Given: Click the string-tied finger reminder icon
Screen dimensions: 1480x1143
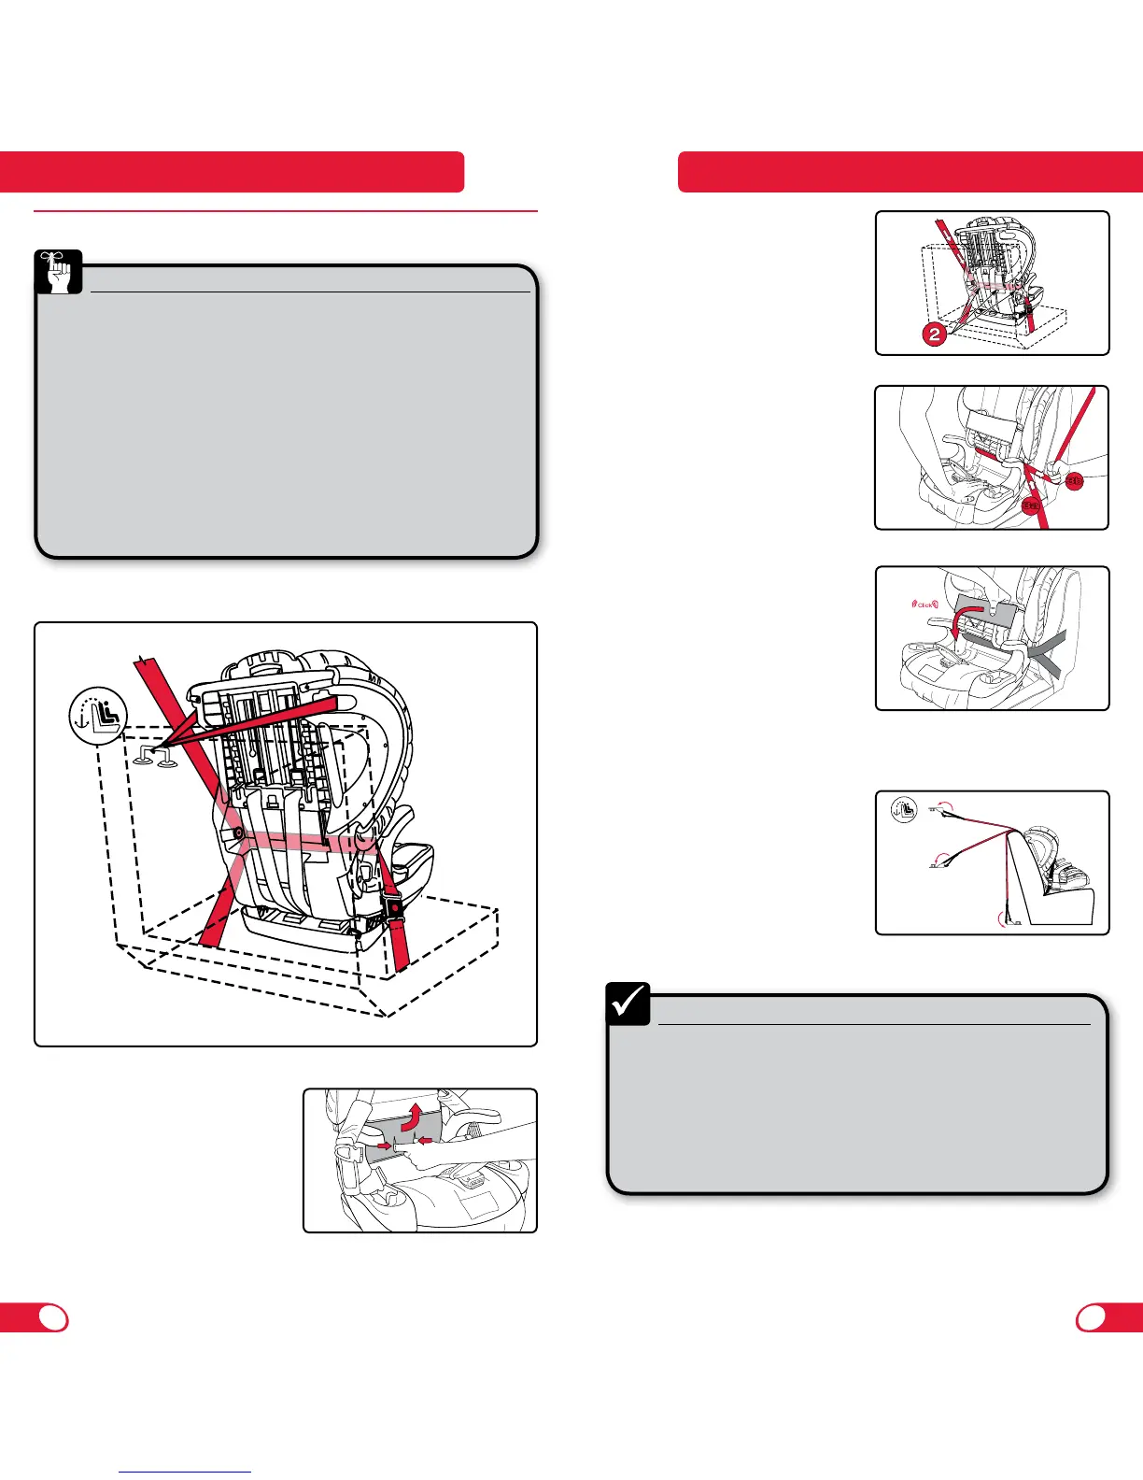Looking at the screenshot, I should click(x=60, y=272).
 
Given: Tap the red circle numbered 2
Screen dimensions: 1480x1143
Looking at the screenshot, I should click(x=934, y=334).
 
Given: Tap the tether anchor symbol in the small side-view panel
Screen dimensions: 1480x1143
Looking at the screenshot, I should click(x=903, y=808).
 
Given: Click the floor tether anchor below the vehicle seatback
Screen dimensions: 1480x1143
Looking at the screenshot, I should click(x=1009, y=919).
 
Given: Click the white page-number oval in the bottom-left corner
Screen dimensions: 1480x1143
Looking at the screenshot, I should click(x=54, y=1317).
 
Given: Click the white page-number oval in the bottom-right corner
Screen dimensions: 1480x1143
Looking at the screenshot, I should click(x=1092, y=1317).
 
